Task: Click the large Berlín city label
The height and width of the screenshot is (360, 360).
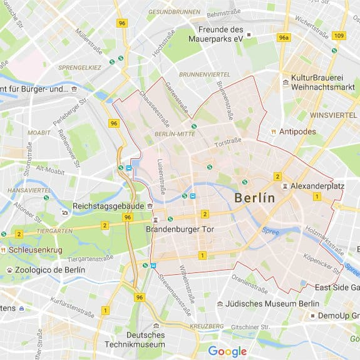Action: coord(254,198)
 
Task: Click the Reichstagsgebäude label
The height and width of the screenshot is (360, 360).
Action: coord(108,206)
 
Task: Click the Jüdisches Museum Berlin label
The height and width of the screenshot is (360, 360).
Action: coord(272,304)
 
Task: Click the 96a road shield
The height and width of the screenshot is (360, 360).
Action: coord(284,38)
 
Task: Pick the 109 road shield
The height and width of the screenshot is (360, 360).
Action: coord(339,35)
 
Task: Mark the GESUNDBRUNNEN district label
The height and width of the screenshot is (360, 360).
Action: coord(173,12)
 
